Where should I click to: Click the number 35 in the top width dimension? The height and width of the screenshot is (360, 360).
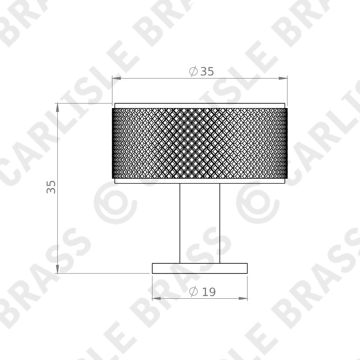pos(207,71)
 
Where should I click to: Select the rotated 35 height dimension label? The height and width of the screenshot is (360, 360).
pos(52,187)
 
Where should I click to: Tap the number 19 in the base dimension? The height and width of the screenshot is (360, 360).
pos(209,292)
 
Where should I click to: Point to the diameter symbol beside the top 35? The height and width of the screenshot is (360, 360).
pos(193,71)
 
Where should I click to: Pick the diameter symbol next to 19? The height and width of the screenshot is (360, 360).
pos(193,292)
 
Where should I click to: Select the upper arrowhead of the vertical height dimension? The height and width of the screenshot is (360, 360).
pos(57,107)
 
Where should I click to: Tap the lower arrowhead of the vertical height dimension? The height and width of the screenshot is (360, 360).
pos(57,269)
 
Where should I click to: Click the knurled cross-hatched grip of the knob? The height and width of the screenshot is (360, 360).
pos(199,143)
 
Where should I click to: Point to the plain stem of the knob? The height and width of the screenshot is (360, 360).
pos(199,223)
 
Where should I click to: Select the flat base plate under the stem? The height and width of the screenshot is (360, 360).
pos(199,268)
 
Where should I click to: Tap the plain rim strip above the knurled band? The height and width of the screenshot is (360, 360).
pos(199,106)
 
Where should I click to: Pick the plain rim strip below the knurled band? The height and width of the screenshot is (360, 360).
pos(199,181)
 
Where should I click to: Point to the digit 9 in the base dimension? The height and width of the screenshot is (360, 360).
pos(212,292)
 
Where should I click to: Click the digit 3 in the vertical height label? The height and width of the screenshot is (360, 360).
pos(52,190)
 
